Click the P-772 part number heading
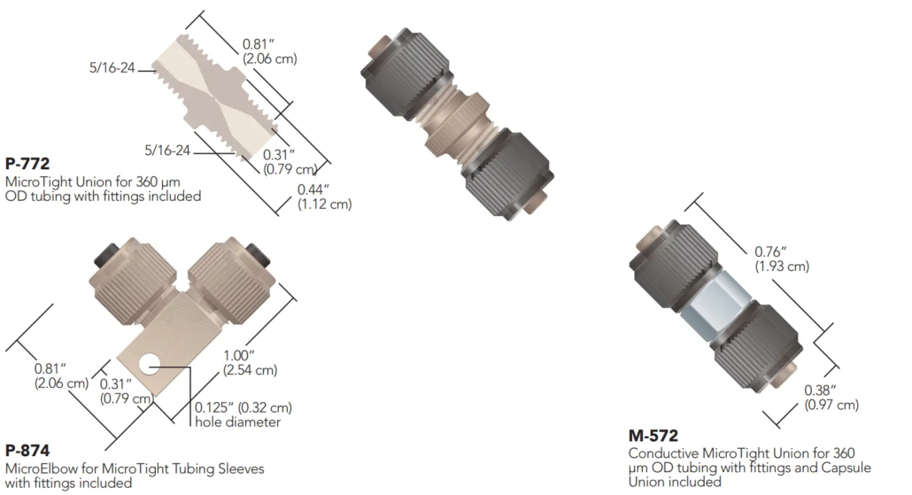[27, 164]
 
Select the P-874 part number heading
[27, 450]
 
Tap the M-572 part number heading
[653, 436]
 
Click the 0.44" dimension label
[313, 189]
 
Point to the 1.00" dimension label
[239, 355]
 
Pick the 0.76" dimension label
[770, 251]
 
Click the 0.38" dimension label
[820, 391]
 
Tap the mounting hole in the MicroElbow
[150, 366]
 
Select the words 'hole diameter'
[237, 422]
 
